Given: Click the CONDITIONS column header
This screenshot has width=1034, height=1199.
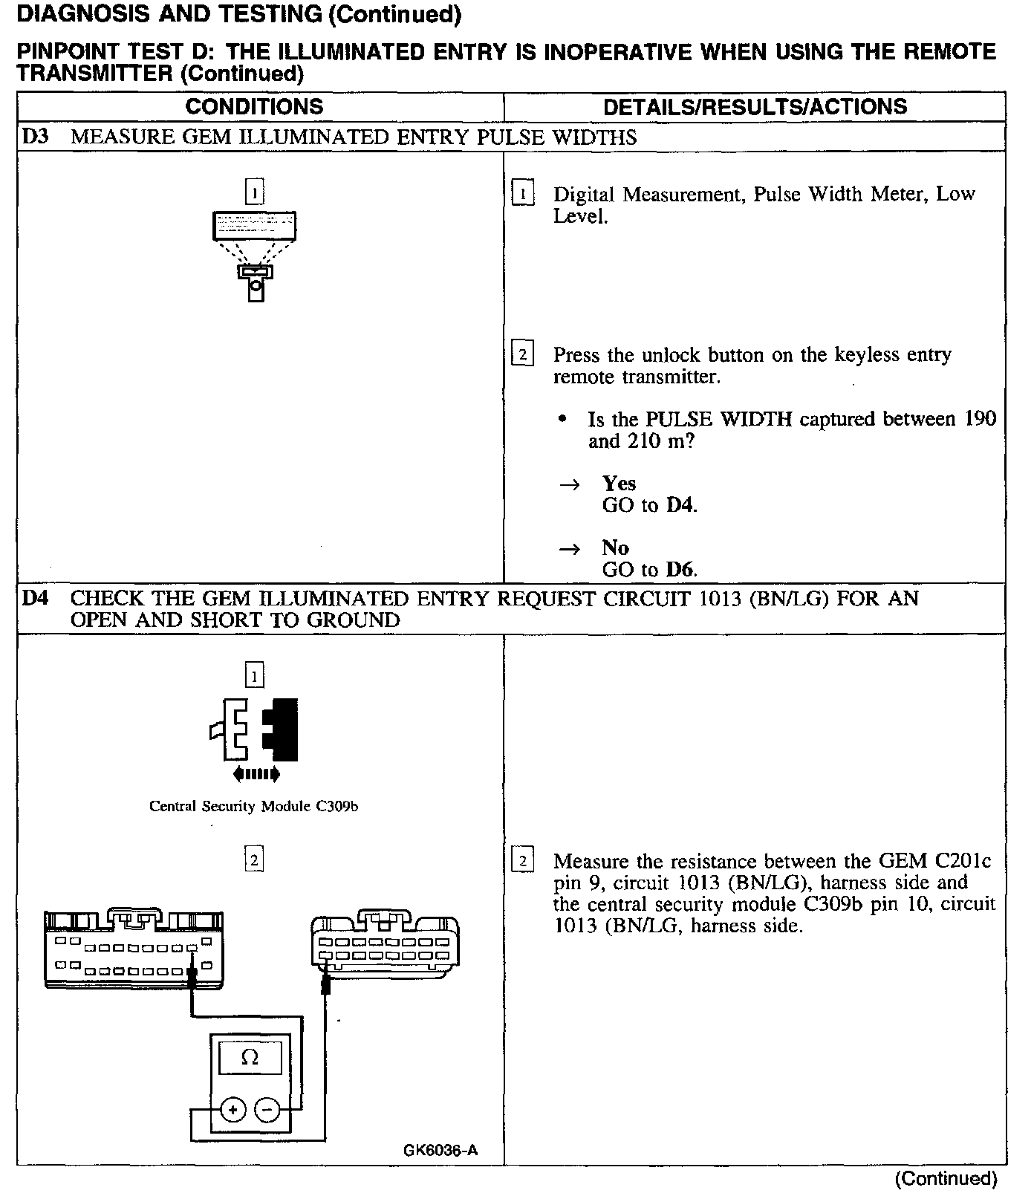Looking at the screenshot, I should (x=254, y=106).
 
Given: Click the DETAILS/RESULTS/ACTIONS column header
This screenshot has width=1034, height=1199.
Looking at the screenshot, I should (x=755, y=106).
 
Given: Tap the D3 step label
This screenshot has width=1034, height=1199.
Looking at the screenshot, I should (x=35, y=137).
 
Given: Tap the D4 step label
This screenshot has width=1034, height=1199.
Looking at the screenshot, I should (x=36, y=598).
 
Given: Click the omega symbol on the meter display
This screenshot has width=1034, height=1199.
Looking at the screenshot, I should (x=250, y=1057).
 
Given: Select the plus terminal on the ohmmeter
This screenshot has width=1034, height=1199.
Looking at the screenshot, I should (x=233, y=1111).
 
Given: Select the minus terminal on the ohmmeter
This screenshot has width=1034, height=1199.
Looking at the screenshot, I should (x=267, y=1111).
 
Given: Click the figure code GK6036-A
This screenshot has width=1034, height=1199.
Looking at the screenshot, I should (x=440, y=1151).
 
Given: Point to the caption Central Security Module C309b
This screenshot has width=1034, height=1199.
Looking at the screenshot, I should (x=254, y=806).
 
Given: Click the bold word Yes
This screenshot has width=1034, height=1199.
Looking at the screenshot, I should (x=619, y=484).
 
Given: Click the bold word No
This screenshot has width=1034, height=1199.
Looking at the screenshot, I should (x=615, y=548).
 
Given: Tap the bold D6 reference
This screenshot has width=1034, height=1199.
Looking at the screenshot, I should (x=680, y=570).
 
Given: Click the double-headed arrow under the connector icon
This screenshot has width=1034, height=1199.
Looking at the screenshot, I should (x=256, y=775).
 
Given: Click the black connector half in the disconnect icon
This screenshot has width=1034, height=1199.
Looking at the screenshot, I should (x=282, y=729).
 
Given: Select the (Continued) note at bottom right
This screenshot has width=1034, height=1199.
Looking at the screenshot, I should (x=946, y=1179).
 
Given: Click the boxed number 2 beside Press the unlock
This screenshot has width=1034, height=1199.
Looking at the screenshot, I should (x=523, y=354).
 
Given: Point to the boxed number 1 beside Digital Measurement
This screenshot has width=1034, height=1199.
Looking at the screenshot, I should (x=523, y=195).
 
